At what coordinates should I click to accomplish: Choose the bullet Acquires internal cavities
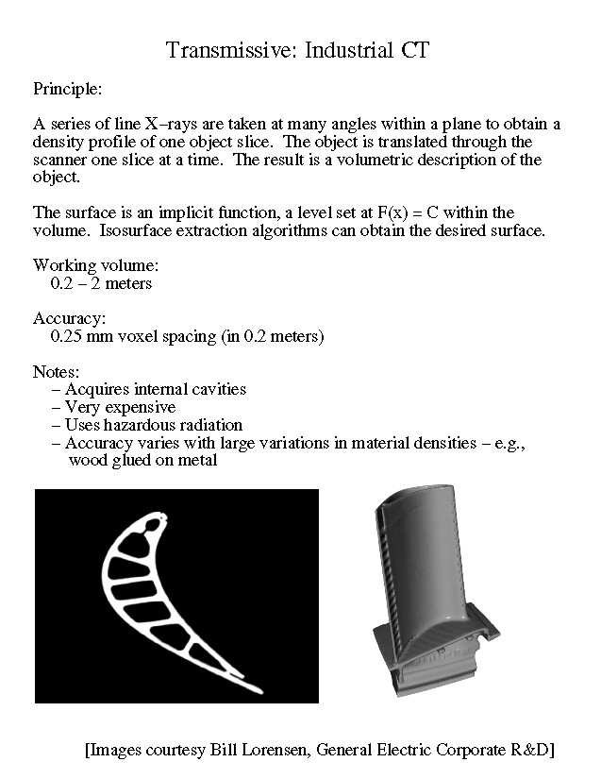(155, 389)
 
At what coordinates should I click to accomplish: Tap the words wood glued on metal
(142, 461)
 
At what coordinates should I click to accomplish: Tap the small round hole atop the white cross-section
(164, 518)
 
